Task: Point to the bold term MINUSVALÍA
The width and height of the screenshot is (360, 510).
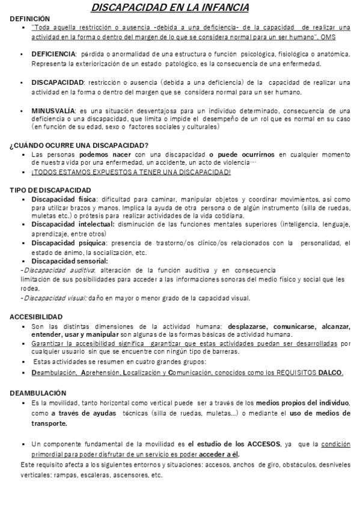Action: point(53,111)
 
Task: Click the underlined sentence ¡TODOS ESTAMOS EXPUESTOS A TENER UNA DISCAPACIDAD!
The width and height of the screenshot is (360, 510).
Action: point(131,172)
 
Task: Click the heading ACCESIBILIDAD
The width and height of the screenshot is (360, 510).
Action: point(36,317)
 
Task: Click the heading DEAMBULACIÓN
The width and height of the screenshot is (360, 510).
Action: point(38,392)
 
